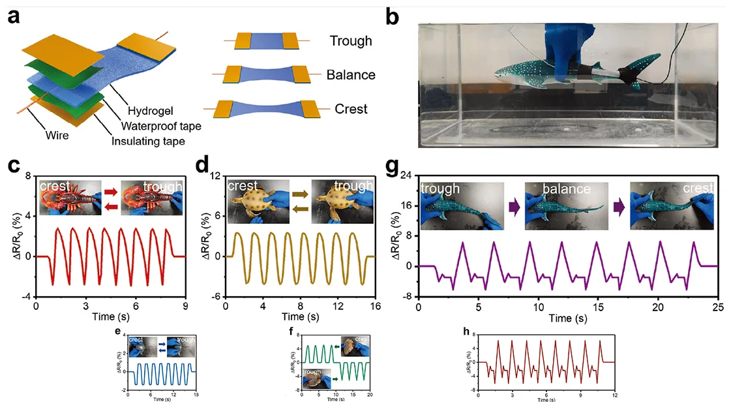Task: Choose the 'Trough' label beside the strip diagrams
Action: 350,41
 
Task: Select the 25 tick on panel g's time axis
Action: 718,306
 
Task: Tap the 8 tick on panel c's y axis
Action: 28,176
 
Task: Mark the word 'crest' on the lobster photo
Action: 54,187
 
